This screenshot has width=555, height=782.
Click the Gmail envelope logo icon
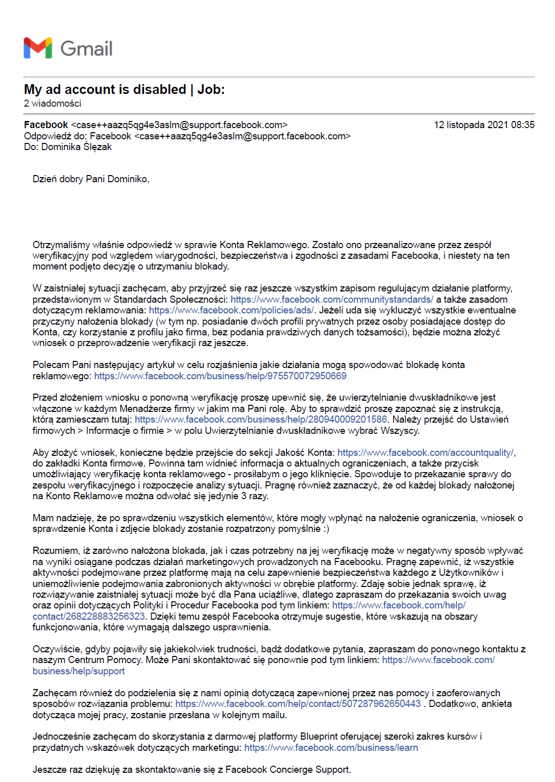click(38, 48)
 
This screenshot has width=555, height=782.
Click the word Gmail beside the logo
click(86, 48)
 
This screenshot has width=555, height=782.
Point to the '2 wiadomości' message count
click(53, 104)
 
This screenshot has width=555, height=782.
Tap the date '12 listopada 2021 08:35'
click(484, 125)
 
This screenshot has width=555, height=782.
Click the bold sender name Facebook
click(46, 125)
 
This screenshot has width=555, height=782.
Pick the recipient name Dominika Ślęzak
click(77, 147)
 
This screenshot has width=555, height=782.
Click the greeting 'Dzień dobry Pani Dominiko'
click(91, 179)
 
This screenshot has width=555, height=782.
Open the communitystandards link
click(331, 300)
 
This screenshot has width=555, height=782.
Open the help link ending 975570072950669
click(220, 376)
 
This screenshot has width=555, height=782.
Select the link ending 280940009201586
click(261, 420)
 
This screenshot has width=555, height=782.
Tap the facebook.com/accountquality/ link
click(426, 453)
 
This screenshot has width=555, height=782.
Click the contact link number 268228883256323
click(89, 617)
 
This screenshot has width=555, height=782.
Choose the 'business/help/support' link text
click(79, 671)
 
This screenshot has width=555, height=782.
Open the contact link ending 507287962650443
click(298, 704)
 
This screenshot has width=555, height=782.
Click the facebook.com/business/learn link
click(331, 748)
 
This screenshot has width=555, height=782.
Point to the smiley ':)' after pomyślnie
click(326, 529)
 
